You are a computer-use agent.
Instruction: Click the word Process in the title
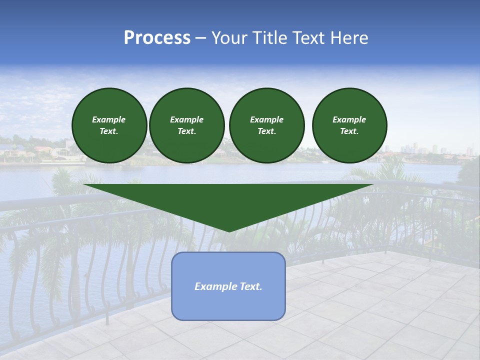pyautogui.click(x=157, y=38)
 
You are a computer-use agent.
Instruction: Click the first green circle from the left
pyautogui.click(x=109, y=125)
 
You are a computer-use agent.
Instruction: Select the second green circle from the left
pyautogui.click(x=186, y=125)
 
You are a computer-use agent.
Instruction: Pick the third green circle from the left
pyautogui.click(x=266, y=125)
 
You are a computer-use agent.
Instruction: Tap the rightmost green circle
pyautogui.click(x=349, y=125)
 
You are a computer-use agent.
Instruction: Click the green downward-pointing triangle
pyautogui.click(x=228, y=200)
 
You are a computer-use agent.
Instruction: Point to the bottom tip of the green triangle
pyautogui.click(x=229, y=231)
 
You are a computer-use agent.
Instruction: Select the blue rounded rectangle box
pyautogui.click(x=228, y=286)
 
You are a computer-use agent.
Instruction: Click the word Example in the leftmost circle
pyautogui.click(x=109, y=119)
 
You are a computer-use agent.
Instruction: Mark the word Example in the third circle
pyautogui.click(x=266, y=119)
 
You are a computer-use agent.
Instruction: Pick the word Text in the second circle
pyautogui.click(x=186, y=131)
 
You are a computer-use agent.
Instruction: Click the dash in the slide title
pyautogui.click(x=200, y=38)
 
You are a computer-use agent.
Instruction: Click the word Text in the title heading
pyautogui.click(x=310, y=38)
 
